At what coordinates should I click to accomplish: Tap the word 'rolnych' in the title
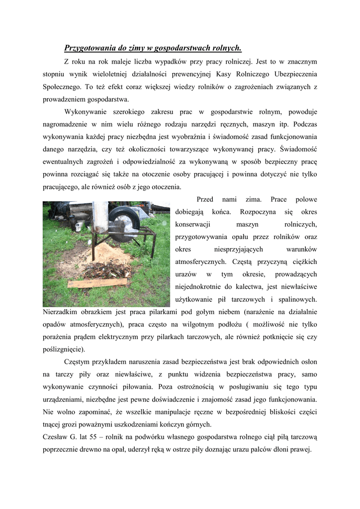tap(226, 48)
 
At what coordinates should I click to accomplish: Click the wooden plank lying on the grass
tap(97, 283)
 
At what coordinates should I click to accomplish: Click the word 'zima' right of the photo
tap(253, 199)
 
